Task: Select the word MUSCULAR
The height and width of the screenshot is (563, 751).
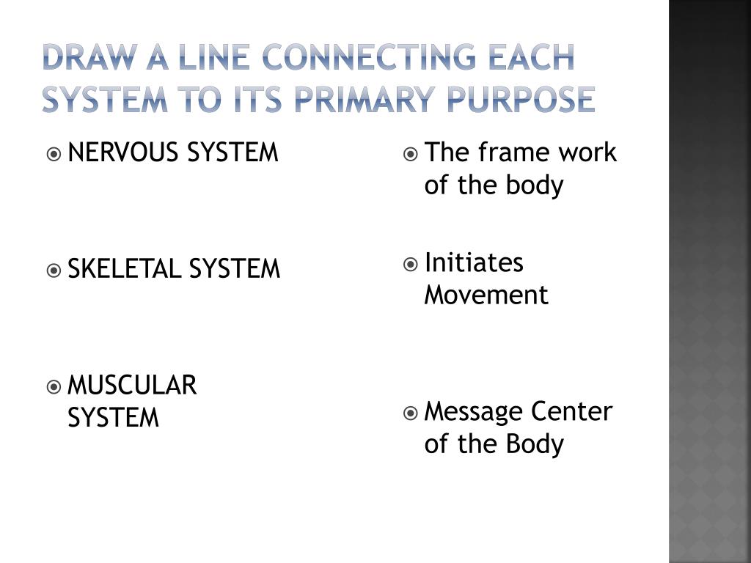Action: [132, 385]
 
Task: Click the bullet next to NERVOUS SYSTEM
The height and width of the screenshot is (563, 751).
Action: [54, 154]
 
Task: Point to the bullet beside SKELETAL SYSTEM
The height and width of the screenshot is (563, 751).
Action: [54, 271]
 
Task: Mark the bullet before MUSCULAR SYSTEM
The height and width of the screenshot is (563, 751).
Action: [54, 386]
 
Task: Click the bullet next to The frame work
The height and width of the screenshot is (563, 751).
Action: [411, 154]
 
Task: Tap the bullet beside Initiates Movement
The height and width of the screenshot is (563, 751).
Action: [411, 264]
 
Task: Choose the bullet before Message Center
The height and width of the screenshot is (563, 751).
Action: [411, 413]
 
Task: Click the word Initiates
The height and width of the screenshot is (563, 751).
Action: [474, 262]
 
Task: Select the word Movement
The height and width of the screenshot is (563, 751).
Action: [486, 295]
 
